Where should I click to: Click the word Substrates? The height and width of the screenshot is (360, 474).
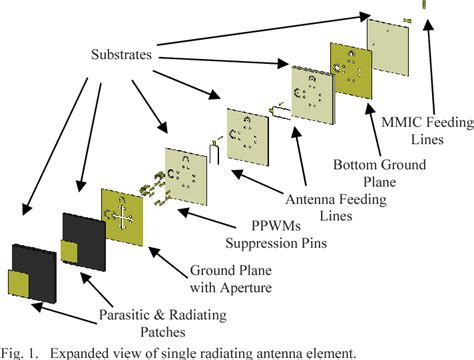coord(84,60)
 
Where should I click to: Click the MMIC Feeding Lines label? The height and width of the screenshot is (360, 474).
coord(419,133)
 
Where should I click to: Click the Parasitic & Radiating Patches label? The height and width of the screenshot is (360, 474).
coord(165,325)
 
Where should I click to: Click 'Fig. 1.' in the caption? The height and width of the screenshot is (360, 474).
coord(20,350)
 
